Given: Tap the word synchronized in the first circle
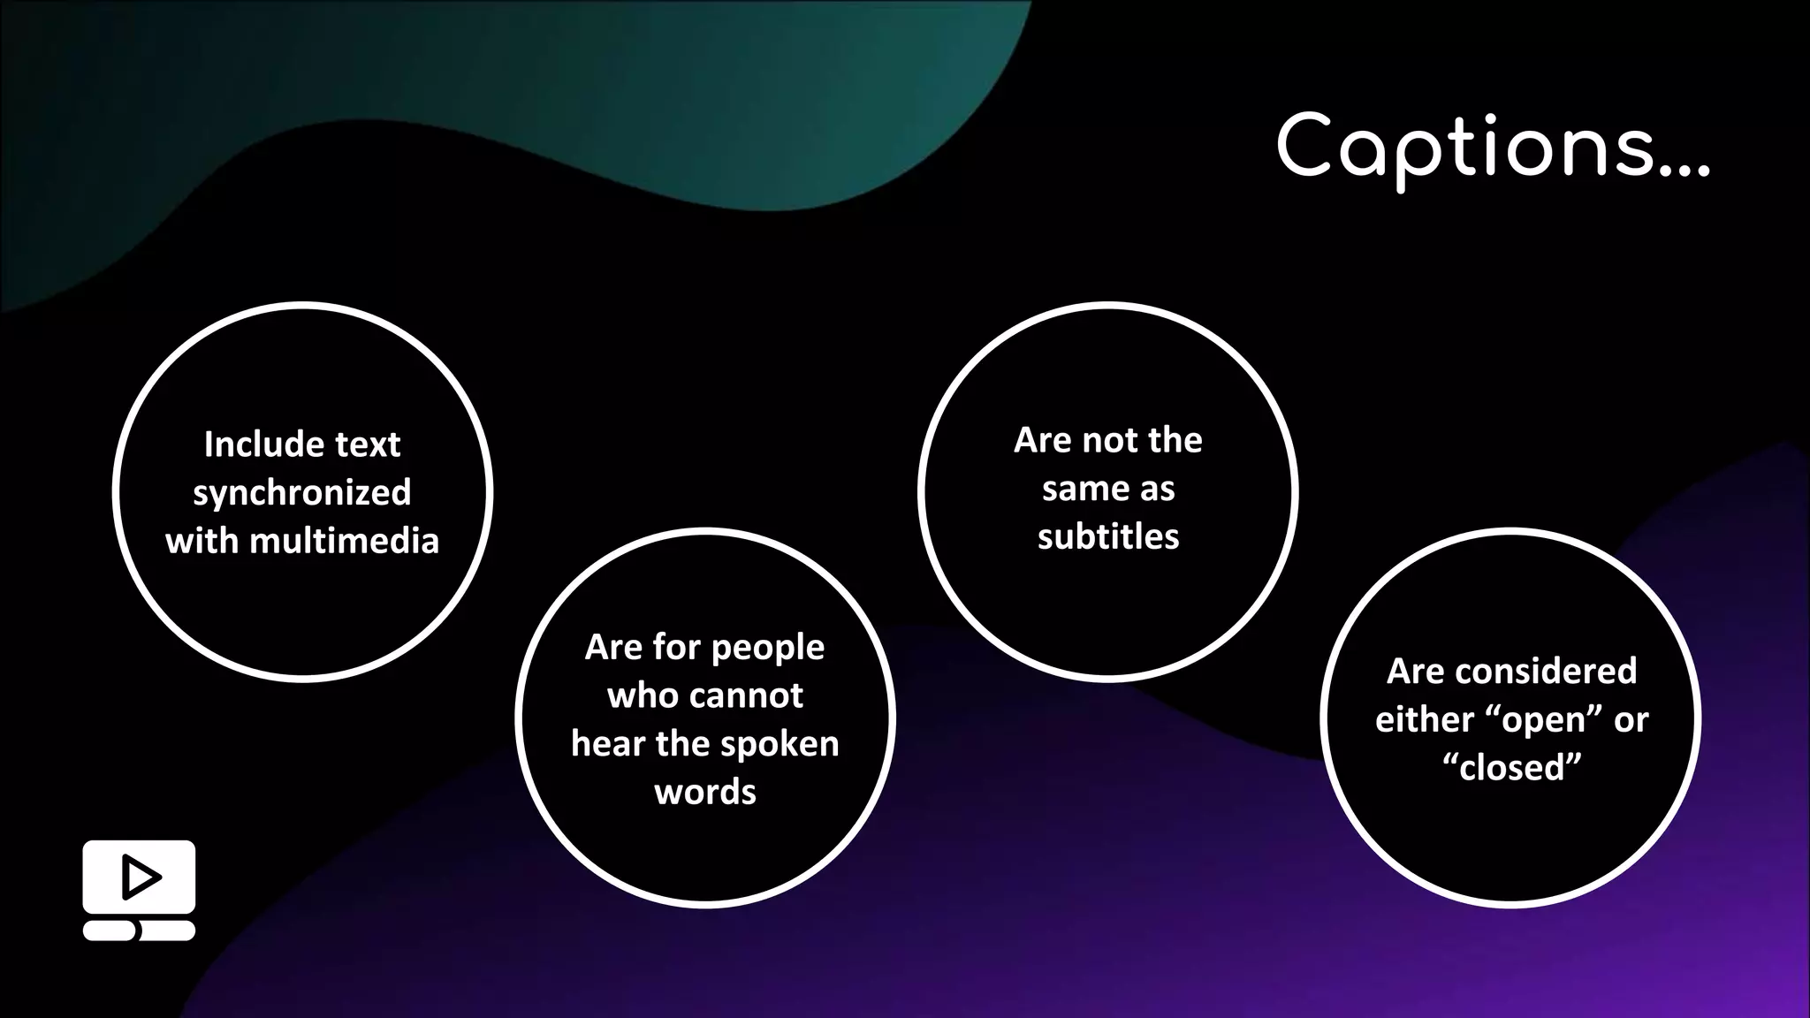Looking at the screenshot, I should coord(302,493).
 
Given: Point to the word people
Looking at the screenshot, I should coord(767,648).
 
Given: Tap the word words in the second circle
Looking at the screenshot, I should coord(705,792).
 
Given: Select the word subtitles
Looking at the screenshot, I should coord(1108,536).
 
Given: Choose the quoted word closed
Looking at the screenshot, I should coord(1511,768).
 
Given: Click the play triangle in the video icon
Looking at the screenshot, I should coord(141,877).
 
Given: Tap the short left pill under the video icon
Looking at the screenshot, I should coord(110,931).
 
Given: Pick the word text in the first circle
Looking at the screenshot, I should coord(368,444).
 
